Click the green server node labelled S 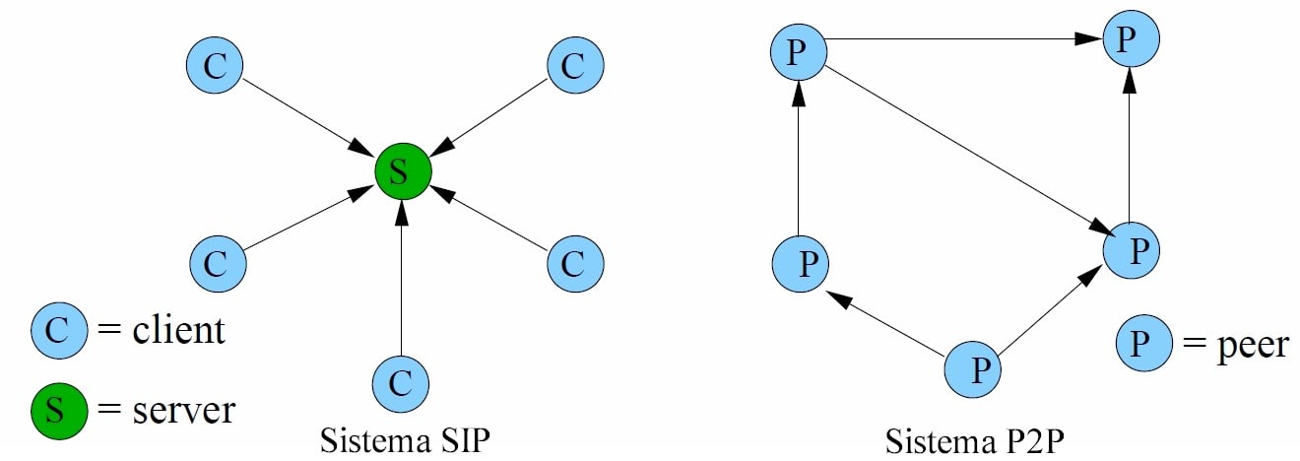point(403,171)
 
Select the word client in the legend point(178,330)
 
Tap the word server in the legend point(183,409)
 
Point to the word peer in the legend point(1236,344)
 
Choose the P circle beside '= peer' point(1142,344)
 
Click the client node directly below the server point(401,382)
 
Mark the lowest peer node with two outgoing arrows point(973,370)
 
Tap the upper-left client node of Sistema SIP point(215,66)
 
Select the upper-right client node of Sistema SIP point(574,66)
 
